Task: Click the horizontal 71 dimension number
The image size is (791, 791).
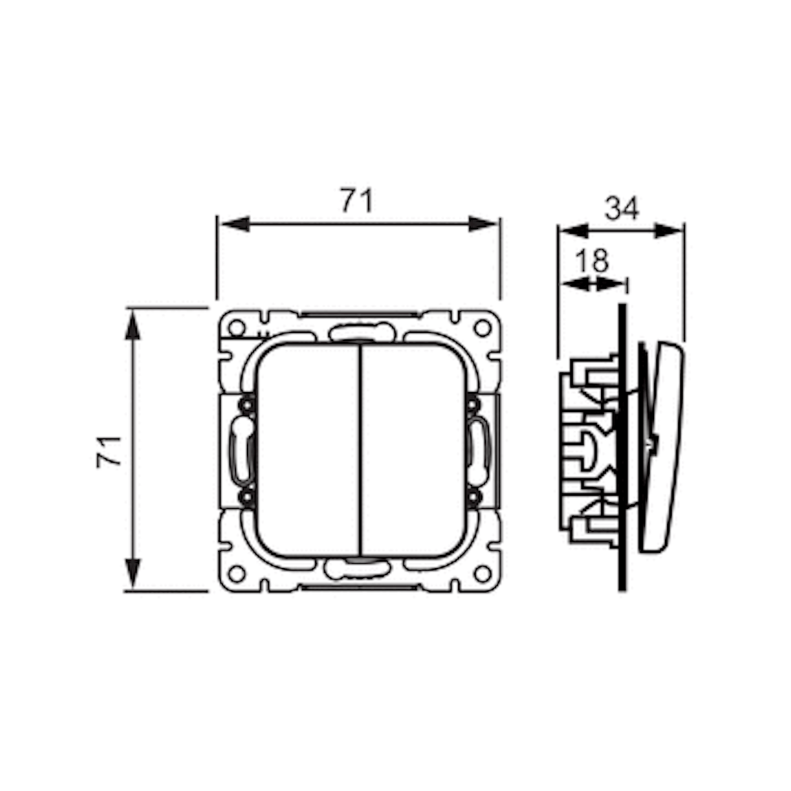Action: (357, 200)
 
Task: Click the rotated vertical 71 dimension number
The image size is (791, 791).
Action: (109, 452)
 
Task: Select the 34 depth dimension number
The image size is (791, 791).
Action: (622, 208)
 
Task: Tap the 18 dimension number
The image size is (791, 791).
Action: (591, 260)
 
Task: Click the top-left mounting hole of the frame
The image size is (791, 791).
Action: (237, 328)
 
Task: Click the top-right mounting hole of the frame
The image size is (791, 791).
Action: (483, 328)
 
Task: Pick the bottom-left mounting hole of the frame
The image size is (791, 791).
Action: (237, 574)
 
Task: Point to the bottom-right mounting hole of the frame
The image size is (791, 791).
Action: (483, 574)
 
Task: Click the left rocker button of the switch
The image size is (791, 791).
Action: (307, 451)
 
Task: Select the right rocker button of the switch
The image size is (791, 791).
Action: (413, 451)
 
